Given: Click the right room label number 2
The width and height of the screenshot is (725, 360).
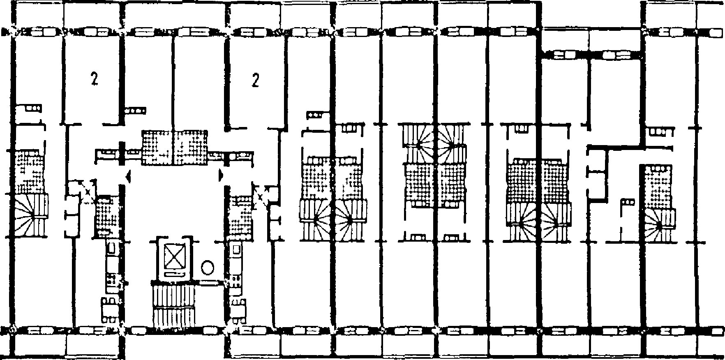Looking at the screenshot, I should click(255, 81).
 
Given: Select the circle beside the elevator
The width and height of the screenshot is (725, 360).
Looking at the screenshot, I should click(208, 268).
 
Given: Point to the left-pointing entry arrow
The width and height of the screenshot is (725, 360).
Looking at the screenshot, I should click(128, 177).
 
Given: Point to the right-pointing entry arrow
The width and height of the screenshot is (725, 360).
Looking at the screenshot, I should click(221, 175).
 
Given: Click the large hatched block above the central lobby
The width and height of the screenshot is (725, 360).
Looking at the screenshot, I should click(175, 148).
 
